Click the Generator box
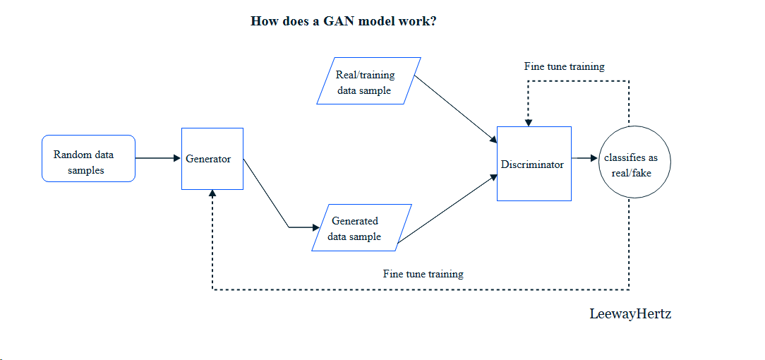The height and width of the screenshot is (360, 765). pyautogui.click(x=212, y=159)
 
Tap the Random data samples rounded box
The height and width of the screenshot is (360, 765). pyautogui.click(x=88, y=159)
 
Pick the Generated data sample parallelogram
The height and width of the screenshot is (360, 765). pyautogui.click(x=361, y=227)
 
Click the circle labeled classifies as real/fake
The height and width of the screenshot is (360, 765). pyautogui.click(x=635, y=163)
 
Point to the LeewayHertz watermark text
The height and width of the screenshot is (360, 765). pyautogui.click(x=630, y=314)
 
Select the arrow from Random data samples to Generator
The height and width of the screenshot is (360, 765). pyautogui.click(x=157, y=158)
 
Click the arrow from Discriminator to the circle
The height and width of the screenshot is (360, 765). pyautogui.click(x=584, y=159)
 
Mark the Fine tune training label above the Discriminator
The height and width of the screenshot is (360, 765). pyautogui.click(x=564, y=66)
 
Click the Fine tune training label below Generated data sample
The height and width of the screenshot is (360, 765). pyautogui.click(x=423, y=273)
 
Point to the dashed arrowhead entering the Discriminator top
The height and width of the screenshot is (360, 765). pyautogui.click(x=529, y=123)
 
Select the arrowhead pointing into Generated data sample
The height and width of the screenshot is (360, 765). pyautogui.click(x=315, y=227)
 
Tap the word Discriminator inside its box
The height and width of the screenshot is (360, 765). pyautogui.click(x=532, y=164)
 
